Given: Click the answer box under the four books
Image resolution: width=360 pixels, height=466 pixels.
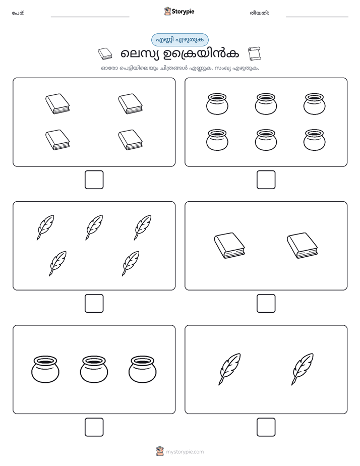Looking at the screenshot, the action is [94, 180].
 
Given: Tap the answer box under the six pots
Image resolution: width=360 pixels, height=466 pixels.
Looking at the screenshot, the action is [266, 180].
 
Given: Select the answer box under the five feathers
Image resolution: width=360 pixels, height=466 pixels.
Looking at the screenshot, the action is [94, 304].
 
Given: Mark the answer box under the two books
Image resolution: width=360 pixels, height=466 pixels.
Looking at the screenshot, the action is [266, 304].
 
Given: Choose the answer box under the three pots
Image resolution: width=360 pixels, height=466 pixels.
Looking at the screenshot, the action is [94, 427].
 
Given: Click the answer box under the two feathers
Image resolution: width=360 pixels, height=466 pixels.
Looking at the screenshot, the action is [266, 427].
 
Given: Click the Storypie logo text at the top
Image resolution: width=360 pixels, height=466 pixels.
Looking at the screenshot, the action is [183, 12].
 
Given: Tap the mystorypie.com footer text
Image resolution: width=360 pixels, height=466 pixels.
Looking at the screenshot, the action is [185, 452].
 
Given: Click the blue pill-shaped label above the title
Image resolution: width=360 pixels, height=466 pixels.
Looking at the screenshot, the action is [179, 40].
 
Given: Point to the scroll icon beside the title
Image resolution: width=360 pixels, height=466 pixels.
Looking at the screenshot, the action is [254, 53].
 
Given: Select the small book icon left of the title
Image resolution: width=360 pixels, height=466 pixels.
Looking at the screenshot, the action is [105, 53].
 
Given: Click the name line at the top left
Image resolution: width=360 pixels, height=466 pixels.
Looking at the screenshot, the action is [90, 17].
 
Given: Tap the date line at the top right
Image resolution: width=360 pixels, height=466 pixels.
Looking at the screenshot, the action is [317, 17].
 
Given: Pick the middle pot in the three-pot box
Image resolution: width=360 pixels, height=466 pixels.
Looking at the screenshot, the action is [94, 369].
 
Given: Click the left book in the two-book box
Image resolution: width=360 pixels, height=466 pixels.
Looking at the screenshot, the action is [229, 246].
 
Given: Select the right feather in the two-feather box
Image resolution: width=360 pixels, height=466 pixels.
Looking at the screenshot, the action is [303, 369].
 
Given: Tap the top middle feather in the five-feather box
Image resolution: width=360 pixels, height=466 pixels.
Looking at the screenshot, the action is [94, 227].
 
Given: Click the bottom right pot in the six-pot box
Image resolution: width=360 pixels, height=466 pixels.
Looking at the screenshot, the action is [314, 140].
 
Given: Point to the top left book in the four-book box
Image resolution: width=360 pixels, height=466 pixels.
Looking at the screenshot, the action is [57, 104].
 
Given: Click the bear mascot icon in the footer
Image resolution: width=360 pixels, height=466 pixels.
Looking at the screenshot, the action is [160, 451].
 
